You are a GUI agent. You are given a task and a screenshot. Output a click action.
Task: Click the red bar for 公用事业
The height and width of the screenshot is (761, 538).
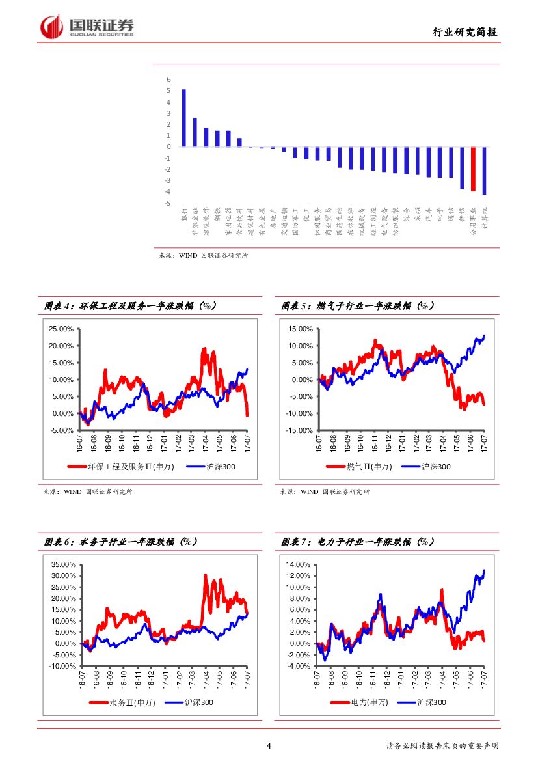tap(473, 169)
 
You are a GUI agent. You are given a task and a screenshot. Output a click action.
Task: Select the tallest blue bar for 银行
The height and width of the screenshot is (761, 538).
tap(183, 118)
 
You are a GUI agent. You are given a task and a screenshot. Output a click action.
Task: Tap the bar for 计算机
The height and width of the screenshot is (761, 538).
tap(484, 171)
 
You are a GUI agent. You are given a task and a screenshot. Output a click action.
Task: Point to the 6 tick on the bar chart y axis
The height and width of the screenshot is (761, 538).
tap(168, 80)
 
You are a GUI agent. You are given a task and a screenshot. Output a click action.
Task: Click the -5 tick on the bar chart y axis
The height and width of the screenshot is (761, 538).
tap(168, 203)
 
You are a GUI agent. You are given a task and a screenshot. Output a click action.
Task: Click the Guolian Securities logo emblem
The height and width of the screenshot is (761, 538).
tap(51, 27)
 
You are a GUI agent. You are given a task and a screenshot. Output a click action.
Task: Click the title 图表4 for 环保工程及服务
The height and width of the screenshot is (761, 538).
tap(130, 305)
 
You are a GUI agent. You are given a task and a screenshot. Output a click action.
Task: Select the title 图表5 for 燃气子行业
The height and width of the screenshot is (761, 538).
tap(358, 305)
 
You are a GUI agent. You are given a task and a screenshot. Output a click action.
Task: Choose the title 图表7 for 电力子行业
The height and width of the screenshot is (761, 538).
tap(358, 542)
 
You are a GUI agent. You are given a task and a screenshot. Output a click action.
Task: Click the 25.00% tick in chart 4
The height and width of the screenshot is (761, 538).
tap(61, 329)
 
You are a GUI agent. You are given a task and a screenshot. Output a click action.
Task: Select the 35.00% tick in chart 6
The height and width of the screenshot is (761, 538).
tap(63, 564)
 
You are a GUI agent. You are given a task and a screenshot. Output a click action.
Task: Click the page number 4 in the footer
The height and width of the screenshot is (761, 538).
tap(269, 746)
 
